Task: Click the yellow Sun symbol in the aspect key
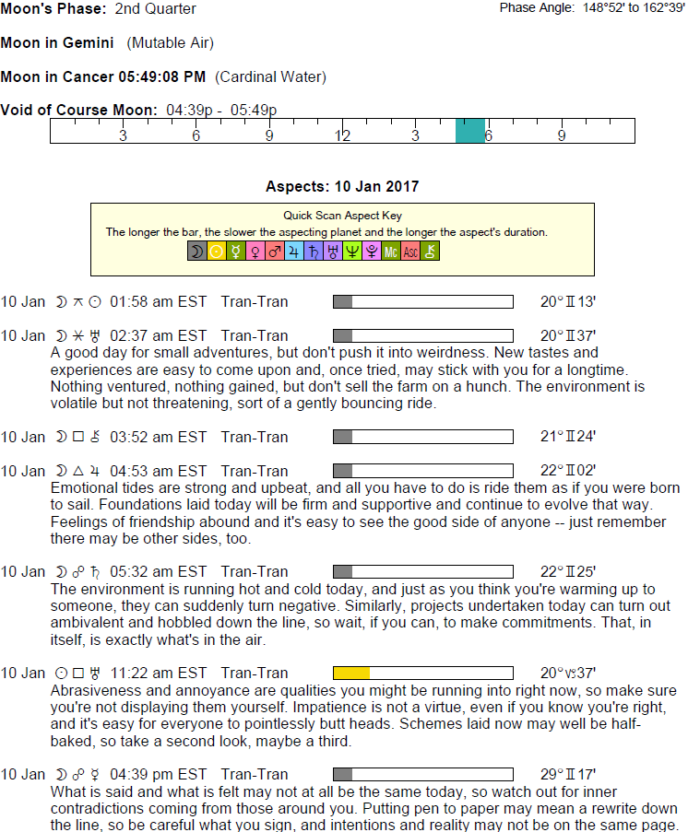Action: point(217,250)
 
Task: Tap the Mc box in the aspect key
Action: point(391,250)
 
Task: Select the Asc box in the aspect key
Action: point(410,250)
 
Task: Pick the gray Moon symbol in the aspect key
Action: point(197,250)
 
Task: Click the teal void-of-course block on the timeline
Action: point(470,131)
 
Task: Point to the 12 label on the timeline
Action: point(342,135)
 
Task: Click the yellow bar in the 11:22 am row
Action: point(351,673)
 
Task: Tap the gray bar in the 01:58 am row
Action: point(342,301)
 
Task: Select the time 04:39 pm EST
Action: point(159,774)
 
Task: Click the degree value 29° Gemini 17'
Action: point(568,774)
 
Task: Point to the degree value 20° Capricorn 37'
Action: point(568,673)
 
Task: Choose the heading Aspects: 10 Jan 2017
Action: point(342,186)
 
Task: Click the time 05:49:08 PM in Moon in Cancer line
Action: point(162,76)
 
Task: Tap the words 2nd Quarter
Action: point(156,9)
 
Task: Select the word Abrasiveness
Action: point(94,690)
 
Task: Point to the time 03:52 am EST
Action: point(159,437)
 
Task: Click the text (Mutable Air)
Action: point(171,43)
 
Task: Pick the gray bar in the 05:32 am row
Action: point(342,571)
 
